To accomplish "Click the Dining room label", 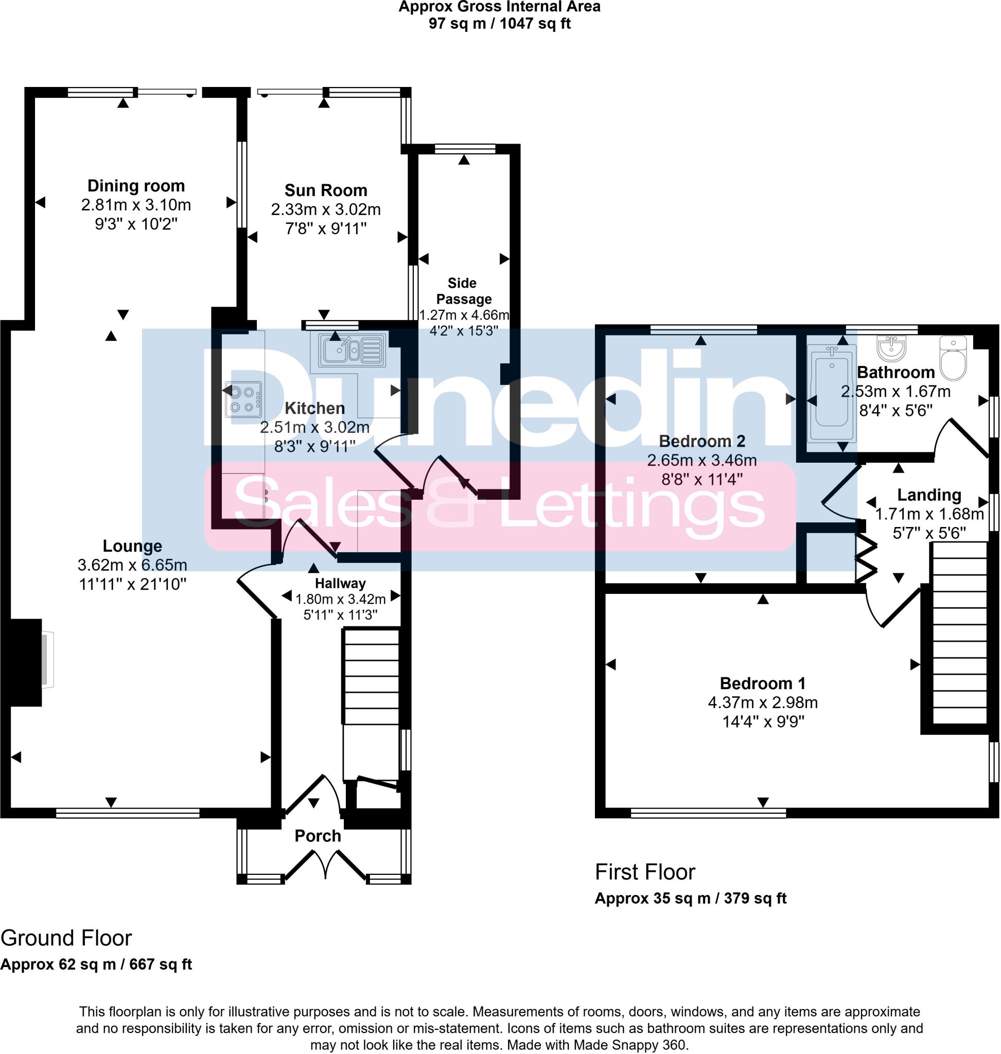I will [136, 186].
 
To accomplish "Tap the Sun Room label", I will [325, 190].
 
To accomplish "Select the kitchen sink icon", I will [352, 350].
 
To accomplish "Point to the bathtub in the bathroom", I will [831, 393].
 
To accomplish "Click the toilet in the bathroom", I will [953, 358].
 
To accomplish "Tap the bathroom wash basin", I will [891, 347].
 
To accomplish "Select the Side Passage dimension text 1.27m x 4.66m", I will [464, 315].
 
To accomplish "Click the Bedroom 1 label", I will [763, 683].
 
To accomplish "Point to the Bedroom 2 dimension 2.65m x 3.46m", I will [701, 460].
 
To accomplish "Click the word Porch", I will [318, 836].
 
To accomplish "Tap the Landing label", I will [929, 495].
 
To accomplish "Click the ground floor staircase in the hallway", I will [372, 694].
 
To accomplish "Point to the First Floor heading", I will [645, 872].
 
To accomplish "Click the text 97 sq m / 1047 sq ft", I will [499, 24].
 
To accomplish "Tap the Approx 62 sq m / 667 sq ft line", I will [96, 964].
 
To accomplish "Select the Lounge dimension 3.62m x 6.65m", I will [132, 565].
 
